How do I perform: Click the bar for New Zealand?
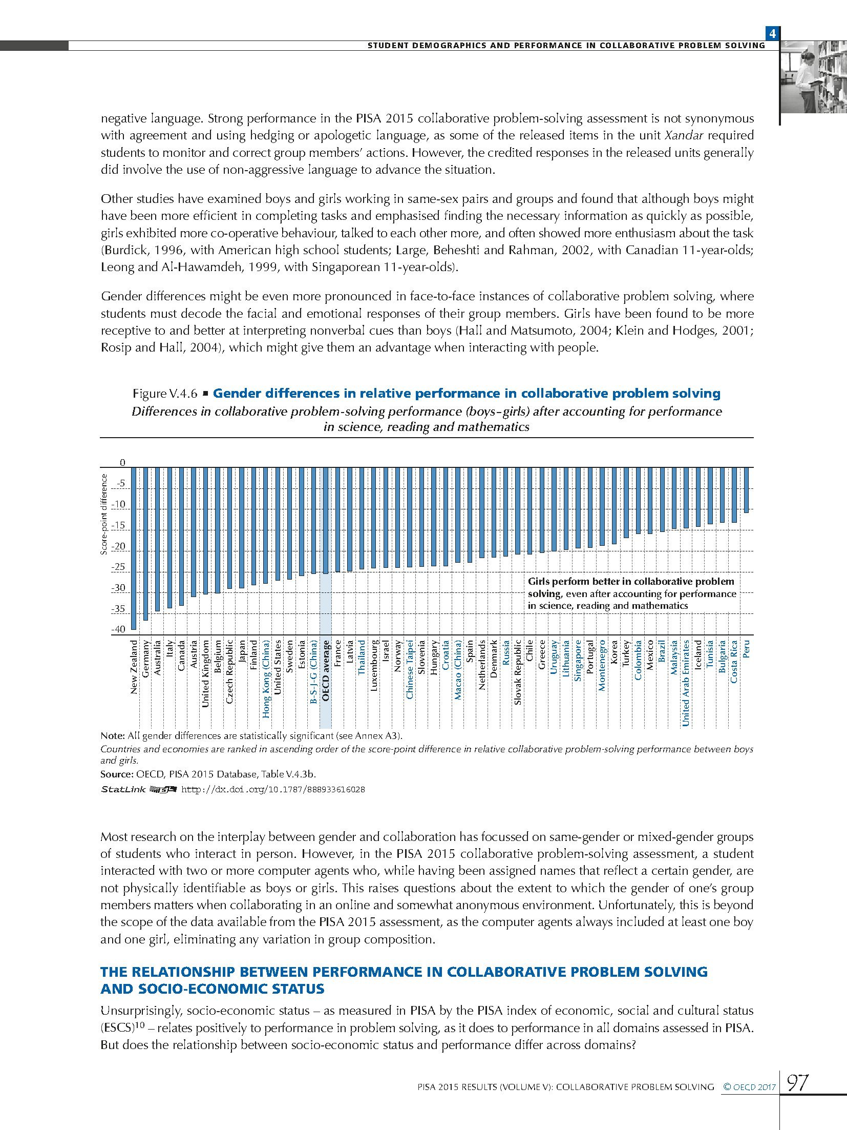(134, 548)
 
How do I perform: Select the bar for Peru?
(746, 489)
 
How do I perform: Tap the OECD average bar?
(325, 520)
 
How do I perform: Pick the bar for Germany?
(146, 543)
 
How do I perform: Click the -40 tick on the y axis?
(118, 629)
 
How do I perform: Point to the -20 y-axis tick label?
(118, 546)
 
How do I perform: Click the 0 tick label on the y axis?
(122, 463)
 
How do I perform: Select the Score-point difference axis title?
(104, 514)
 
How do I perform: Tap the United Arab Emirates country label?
(686, 682)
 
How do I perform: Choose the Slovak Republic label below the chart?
(518, 672)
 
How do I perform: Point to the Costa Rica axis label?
(734, 661)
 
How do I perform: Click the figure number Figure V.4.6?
(165, 394)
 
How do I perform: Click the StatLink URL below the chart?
(273, 789)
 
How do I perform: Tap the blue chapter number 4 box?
(772, 34)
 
